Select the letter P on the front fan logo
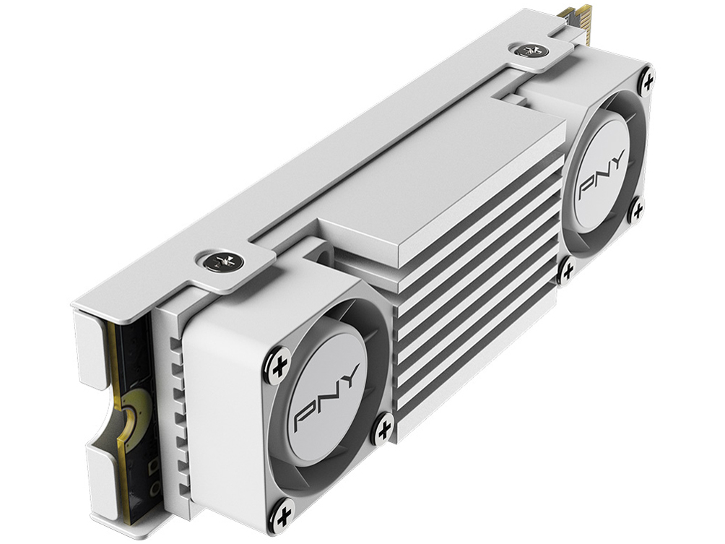click(x=305, y=422)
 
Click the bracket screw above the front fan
click(x=216, y=261)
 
